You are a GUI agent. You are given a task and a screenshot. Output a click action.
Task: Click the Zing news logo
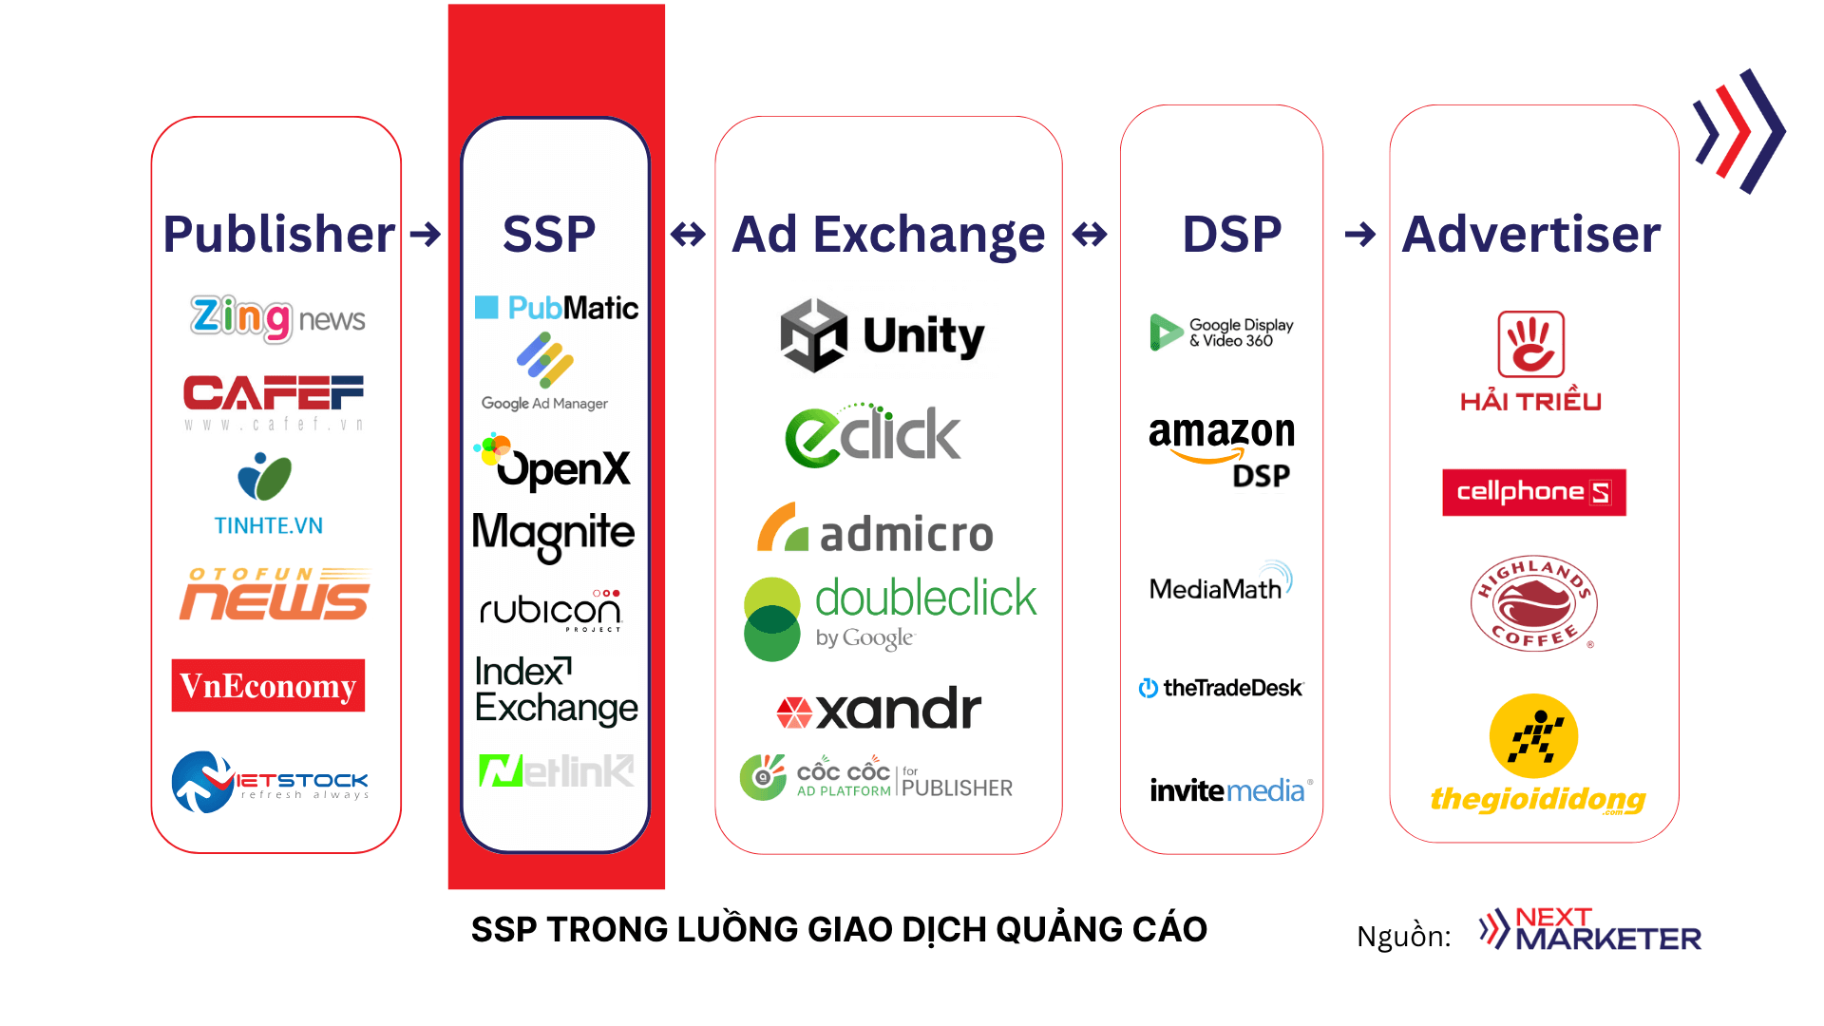pyautogui.click(x=277, y=318)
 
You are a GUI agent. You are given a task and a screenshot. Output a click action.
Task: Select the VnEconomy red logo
pyautogui.click(x=268, y=685)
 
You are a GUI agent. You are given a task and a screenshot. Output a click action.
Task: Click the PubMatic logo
pyautogui.click(x=557, y=308)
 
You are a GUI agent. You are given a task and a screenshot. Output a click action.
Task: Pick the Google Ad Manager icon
pyautogui.click(x=545, y=360)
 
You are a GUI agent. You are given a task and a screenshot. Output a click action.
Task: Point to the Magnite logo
pyautogui.click(x=553, y=534)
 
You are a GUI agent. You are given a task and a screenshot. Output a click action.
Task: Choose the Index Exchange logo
pyautogui.click(x=555, y=691)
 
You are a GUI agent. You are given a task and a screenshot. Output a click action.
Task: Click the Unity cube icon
pyautogui.click(x=813, y=335)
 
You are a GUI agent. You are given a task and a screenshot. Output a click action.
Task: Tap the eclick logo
pyautogui.click(x=872, y=436)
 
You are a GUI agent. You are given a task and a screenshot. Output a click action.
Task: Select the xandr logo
pyautogui.click(x=879, y=710)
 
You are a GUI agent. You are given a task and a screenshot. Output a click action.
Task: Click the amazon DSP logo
pyautogui.click(x=1222, y=450)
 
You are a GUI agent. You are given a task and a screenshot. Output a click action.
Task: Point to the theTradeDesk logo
pyautogui.click(x=1222, y=688)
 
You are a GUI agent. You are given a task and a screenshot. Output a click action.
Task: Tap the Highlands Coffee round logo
pyautogui.click(x=1533, y=603)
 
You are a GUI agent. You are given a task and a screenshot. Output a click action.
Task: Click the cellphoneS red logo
pyautogui.click(x=1533, y=492)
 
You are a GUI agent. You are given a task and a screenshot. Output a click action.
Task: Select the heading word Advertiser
pyautogui.click(x=1530, y=234)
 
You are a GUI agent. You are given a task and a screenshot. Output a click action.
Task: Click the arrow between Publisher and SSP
pyautogui.click(x=426, y=234)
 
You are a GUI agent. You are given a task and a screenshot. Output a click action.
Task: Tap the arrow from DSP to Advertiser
pyautogui.click(x=1360, y=234)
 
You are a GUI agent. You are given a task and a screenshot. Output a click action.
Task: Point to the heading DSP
pyautogui.click(x=1231, y=234)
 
